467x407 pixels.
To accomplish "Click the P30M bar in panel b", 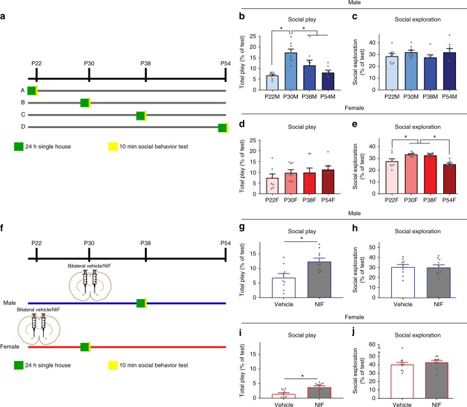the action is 291,71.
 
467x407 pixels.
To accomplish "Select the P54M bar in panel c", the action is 450,71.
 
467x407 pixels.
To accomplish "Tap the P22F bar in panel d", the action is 272,186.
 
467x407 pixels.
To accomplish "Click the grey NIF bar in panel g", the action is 319,280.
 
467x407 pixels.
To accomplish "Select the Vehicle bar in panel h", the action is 403,282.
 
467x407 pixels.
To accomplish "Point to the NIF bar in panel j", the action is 436,380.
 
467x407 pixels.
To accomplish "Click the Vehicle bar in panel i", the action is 284,396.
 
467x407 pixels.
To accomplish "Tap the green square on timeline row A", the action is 31,90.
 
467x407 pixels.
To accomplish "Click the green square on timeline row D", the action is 223,128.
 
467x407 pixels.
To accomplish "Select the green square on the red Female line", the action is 85,347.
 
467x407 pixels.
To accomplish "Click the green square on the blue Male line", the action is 141,303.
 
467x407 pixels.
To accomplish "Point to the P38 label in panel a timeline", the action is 145,63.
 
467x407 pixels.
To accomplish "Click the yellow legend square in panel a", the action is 113,147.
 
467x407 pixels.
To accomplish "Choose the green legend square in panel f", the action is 19,365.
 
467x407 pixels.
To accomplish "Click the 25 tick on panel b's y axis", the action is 253,36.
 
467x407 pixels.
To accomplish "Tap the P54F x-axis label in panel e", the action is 449,200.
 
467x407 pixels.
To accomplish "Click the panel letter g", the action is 242,228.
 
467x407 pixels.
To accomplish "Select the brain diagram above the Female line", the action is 39,327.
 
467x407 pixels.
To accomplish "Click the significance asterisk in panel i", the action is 303,376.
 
